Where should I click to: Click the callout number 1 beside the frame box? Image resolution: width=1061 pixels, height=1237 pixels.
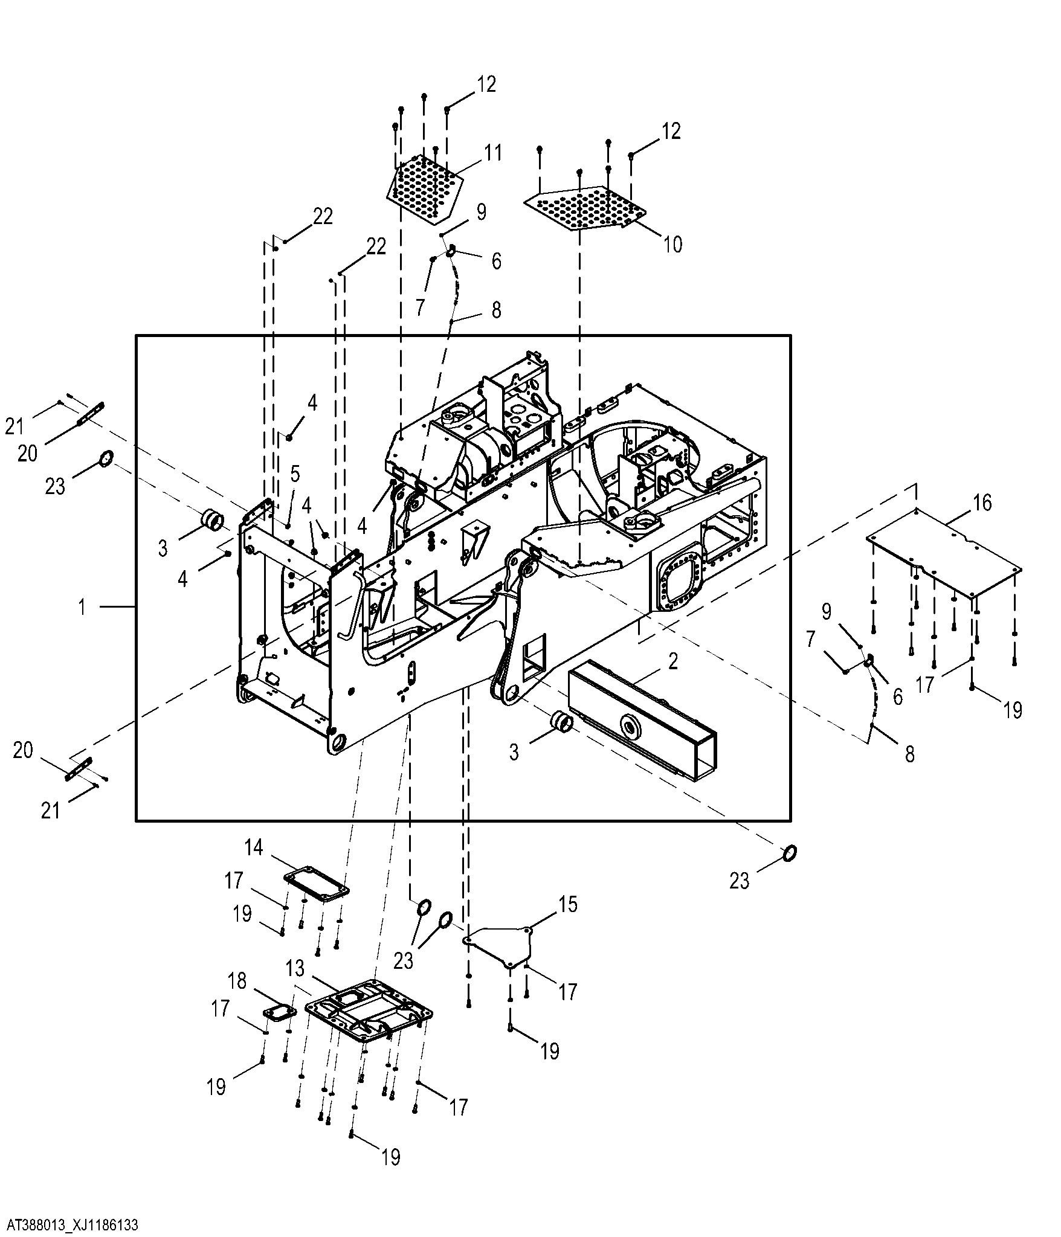pyautogui.click(x=82, y=606)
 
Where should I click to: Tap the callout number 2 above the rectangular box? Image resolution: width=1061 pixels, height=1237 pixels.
pyautogui.click(x=672, y=661)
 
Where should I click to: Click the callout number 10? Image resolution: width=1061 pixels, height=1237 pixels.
pyautogui.click(x=672, y=244)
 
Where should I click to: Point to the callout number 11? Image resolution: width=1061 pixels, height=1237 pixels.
pyautogui.click(x=493, y=153)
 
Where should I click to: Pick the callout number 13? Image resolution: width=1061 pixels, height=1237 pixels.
pyautogui.click(x=295, y=986)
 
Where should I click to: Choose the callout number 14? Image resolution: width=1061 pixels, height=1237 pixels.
pyautogui.click(x=254, y=847)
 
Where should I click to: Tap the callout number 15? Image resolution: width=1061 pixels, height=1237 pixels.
pyautogui.click(x=567, y=922)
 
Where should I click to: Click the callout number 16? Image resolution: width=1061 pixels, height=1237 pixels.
pyautogui.click(x=982, y=502)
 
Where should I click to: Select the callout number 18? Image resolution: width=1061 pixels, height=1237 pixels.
pyautogui.click(x=237, y=980)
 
